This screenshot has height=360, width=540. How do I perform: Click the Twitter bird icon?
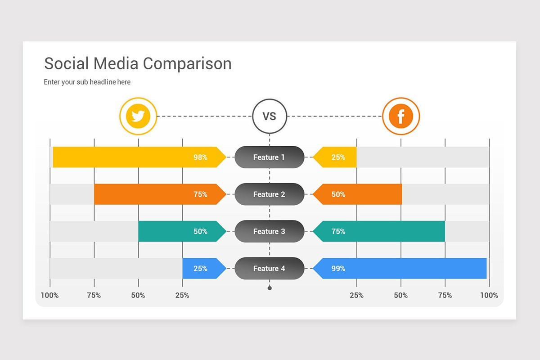pyautogui.click(x=138, y=116)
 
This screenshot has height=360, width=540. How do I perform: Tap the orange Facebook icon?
pyautogui.click(x=400, y=116)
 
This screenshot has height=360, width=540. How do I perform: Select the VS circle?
pyautogui.click(x=269, y=116)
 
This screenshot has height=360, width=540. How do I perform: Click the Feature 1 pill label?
pyautogui.click(x=269, y=157)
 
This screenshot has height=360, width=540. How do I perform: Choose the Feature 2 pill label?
pyautogui.click(x=269, y=194)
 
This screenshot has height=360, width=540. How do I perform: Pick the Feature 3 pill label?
pyautogui.click(x=269, y=231)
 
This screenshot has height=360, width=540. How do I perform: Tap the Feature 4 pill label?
pyautogui.click(x=269, y=269)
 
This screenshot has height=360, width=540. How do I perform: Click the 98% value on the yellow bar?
pyautogui.click(x=200, y=157)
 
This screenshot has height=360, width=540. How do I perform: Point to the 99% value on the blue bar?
pyautogui.click(x=338, y=269)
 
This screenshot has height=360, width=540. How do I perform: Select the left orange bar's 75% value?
pyautogui.click(x=200, y=194)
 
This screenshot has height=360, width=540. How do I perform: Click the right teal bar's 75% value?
pyautogui.click(x=338, y=231)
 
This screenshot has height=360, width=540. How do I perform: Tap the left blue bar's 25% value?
pyautogui.click(x=200, y=269)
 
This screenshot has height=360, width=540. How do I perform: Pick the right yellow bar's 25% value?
pyautogui.click(x=338, y=157)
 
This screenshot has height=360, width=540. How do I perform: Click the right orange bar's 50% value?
pyautogui.click(x=338, y=194)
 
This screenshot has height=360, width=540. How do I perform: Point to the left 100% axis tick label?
pyautogui.click(x=49, y=296)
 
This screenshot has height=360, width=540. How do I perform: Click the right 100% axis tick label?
pyautogui.click(x=489, y=296)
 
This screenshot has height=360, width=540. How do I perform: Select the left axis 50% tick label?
pyautogui.click(x=138, y=296)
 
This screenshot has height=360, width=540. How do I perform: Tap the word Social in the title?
pyautogui.click(x=67, y=63)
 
